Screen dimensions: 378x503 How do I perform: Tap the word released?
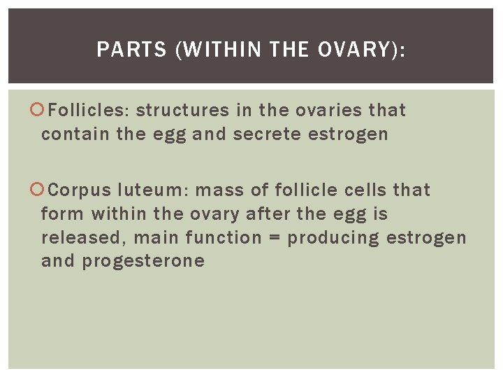81,237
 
